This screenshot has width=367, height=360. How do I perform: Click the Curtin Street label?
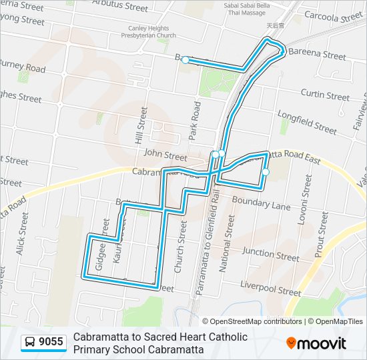pos(325,95)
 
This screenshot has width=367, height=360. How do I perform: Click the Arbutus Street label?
pos(120,7)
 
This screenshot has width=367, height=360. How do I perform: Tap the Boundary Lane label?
pos(261,203)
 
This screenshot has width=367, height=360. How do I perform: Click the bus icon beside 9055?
pos(30,343)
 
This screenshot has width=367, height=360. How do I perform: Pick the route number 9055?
pos(51,343)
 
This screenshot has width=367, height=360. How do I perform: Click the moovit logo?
pos(316,343)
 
